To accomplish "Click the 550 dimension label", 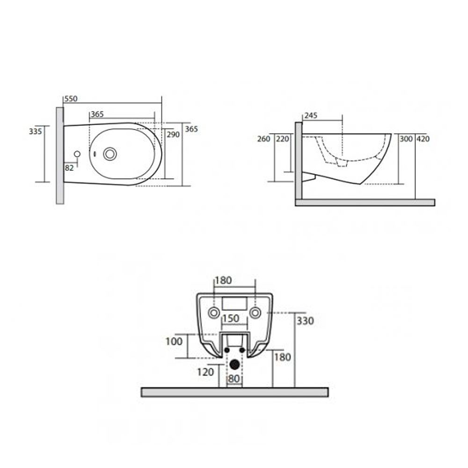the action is pos(71,99).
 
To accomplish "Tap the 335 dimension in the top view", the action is pos(35,131).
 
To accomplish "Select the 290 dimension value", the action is pos(173,135).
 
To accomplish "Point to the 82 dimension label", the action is pos(69,168).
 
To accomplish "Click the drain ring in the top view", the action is pos(110,154).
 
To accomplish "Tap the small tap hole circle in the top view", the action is pos(77,154).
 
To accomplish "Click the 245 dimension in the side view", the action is pos(311,116).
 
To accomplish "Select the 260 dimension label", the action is pos(263,139).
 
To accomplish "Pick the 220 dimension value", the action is pos(282,139).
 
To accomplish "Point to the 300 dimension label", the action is pos(406,139).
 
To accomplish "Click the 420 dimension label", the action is pos(423,139).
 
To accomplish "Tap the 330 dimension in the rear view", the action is pos(305,321).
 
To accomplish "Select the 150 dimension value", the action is pos(231,318).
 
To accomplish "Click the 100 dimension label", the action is pos(174,341).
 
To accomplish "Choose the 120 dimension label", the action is pos(205,372).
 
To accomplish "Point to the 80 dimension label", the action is pos(234,379).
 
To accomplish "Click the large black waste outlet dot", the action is pos(234,364).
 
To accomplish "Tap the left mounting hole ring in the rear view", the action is pos(214,313).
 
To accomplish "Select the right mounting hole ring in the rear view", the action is pos(255,313).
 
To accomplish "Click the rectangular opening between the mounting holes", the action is pos(234,304).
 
